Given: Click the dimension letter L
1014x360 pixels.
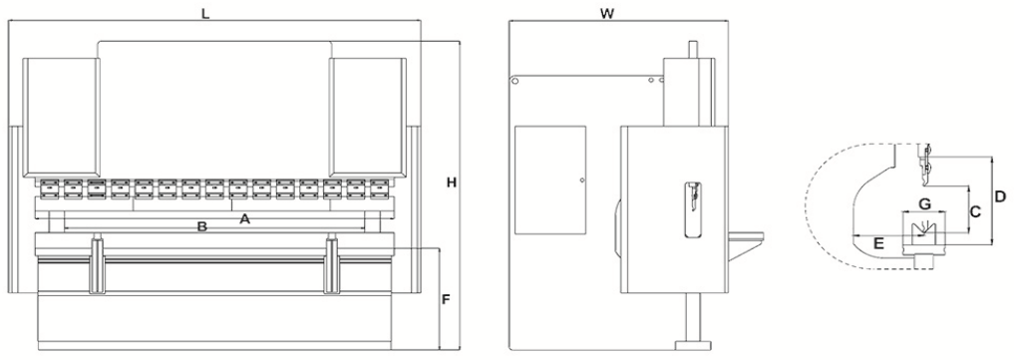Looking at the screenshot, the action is point(205,14).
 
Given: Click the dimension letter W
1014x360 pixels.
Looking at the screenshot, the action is point(606,14).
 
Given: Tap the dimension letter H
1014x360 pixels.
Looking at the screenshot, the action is point(452,182).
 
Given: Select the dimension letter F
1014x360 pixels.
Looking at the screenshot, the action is point(446,300).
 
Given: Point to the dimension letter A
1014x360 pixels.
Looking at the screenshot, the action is point(244,219).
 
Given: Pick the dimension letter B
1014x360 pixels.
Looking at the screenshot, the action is point(201,226).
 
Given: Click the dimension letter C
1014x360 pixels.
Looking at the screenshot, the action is point(976,210).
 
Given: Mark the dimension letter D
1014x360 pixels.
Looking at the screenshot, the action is point(1000,195).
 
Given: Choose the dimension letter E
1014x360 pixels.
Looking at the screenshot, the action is point(878,243).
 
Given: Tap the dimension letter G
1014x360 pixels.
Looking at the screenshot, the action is point(924,204).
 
